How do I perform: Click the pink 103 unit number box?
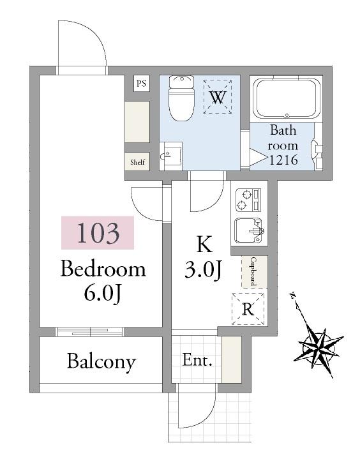[98, 232]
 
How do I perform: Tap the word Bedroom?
[103, 269]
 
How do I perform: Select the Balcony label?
[101, 362]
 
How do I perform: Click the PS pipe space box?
[141, 83]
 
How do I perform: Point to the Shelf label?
[137, 162]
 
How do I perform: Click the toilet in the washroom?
[181, 98]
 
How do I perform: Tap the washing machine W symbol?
[218, 96]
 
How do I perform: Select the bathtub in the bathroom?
[287, 99]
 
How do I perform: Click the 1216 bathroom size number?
[283, 160]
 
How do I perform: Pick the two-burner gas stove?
[248, 200]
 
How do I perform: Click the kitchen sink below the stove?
[249, 230]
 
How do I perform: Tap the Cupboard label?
[253, 271]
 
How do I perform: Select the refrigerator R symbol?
[248, 309]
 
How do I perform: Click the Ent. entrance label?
[197, 360]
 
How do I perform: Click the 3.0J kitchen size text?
[203, 270]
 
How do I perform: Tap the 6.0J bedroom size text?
[103, 293]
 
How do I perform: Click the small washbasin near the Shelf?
[170, 156]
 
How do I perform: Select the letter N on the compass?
[292, 296]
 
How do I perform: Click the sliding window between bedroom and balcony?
[90, 332]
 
